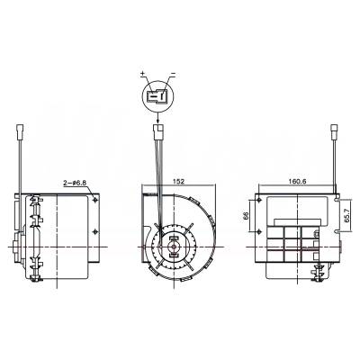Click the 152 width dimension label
click(x=179, y=181)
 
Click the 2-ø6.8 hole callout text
click(x=74, y=183)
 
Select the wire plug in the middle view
click(x=160, y=131)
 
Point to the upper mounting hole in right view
click(x=261, y=206)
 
